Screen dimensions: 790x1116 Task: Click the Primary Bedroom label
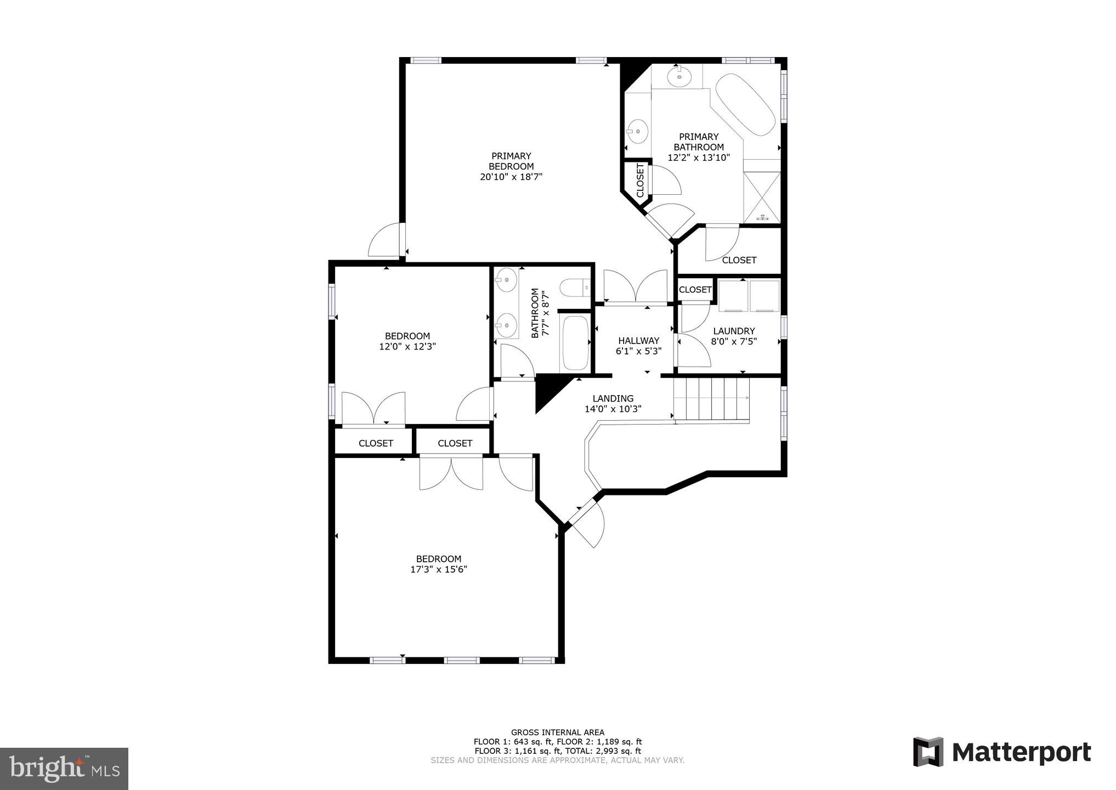click(x=511, y=166)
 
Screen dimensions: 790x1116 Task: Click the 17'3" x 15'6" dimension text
click(x=438, y=569)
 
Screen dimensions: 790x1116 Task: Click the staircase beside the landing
click(x=711, y=399)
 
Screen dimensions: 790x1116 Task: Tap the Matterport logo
click(x=1002, y=752)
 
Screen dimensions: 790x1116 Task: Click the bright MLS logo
click(x=64, y=769)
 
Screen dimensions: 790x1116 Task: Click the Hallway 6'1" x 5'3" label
click(x=638, y=346)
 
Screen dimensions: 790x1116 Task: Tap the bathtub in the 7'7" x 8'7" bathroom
click(x=574, y=343)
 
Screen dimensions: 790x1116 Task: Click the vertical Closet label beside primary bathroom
click(x=640, y=180)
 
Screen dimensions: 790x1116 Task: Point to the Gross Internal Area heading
click(x=557, y=732)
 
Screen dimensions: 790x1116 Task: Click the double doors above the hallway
click(x=635, y=286)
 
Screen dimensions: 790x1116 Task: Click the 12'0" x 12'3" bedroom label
click(x=407, y=341)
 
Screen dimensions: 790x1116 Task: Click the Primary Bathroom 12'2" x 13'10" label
click(x=698, y=147)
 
